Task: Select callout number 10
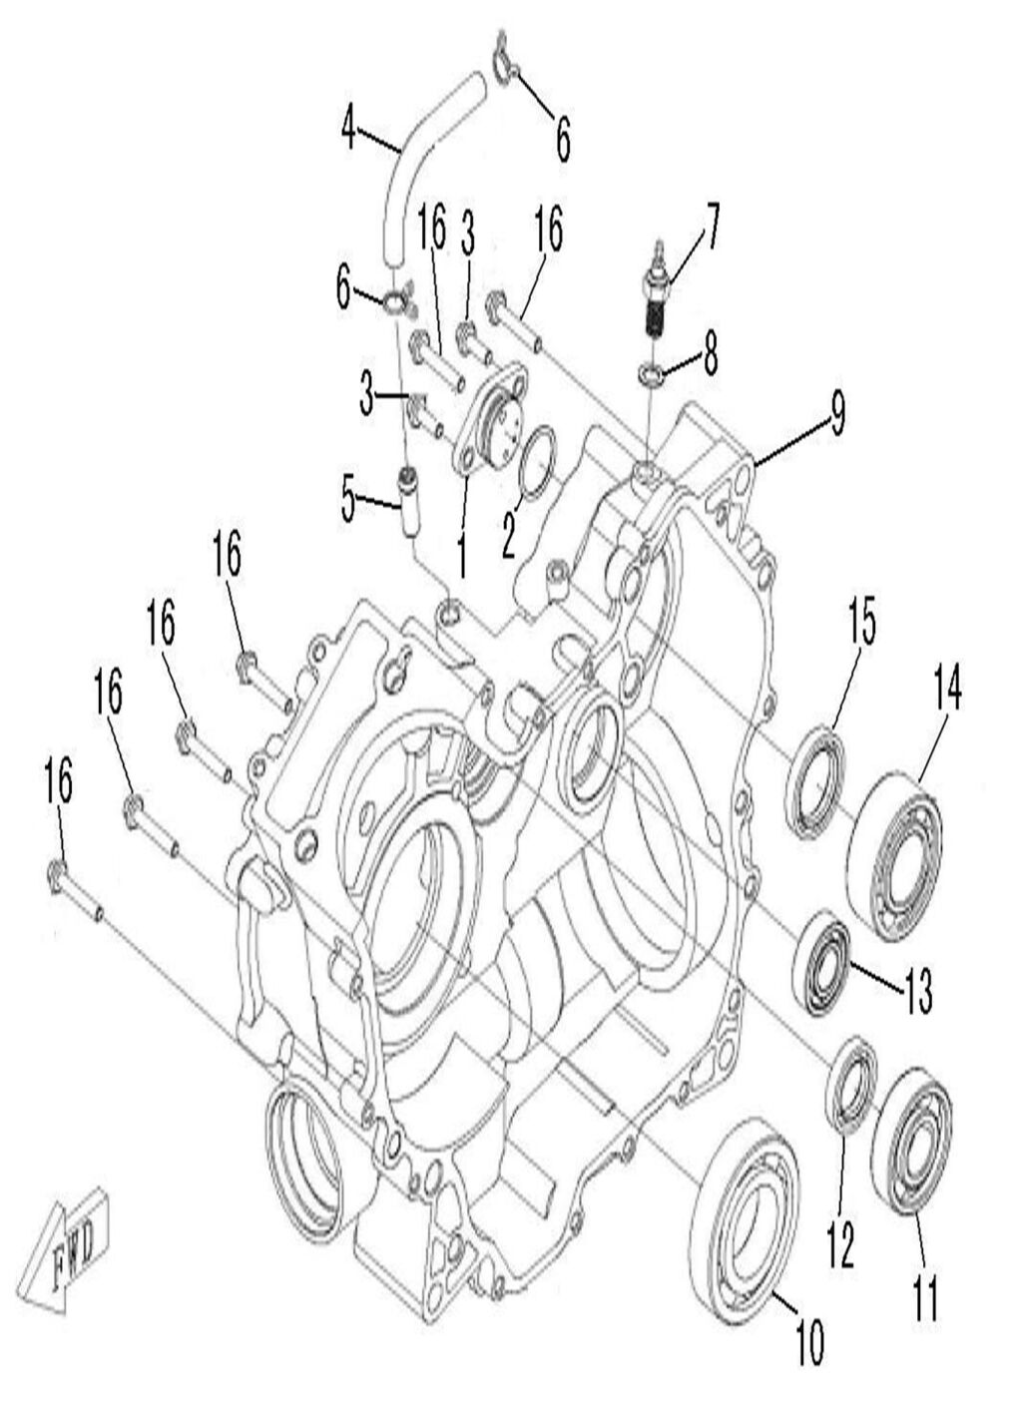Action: click(809, 1343)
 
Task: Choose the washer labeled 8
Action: click(650, 376)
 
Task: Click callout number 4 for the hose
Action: click(348, 128)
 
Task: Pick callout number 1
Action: click(460, 556)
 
